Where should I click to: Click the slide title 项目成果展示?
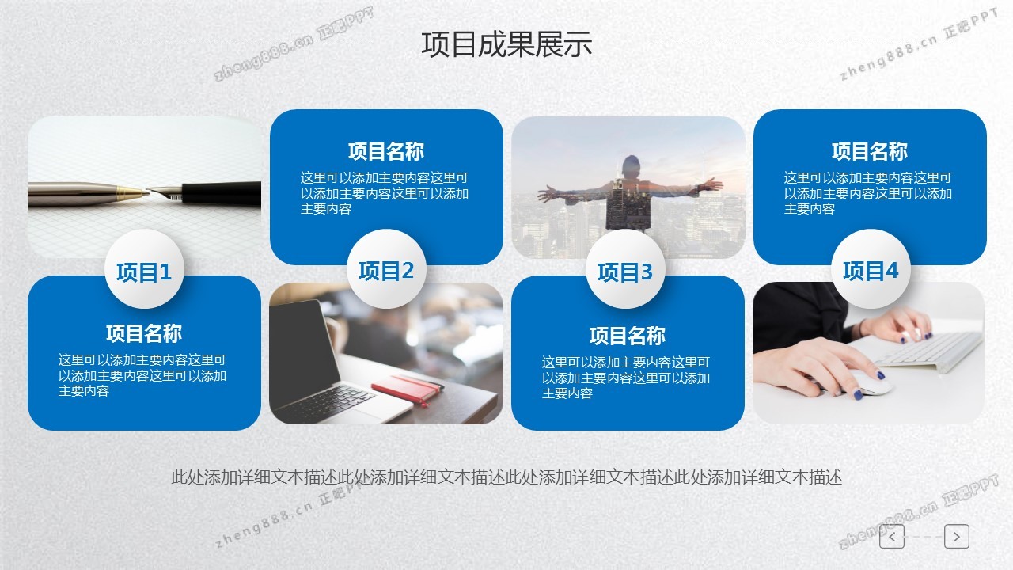506,44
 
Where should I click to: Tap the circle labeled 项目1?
144,269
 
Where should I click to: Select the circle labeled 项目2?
386,269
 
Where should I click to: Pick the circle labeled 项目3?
625,269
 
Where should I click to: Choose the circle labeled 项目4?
871,269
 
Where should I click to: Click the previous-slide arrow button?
892,537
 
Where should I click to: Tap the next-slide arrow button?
957,537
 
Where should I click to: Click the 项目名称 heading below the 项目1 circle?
144,333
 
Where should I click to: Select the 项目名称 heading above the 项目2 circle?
386,151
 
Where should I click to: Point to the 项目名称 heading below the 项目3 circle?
628,336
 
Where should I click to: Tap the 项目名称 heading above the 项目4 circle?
870,151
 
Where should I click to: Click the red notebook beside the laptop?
406,388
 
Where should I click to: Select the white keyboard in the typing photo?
923,351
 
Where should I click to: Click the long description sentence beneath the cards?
506,477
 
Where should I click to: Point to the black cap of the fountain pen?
222,193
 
